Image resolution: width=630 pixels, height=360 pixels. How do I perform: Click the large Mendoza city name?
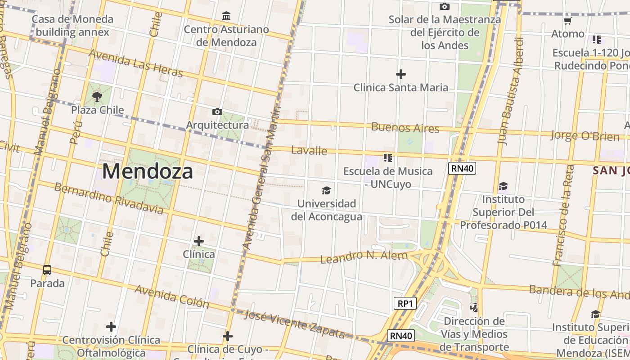tap(148, 171)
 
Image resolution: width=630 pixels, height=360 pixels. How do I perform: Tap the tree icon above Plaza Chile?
tap(97, 96)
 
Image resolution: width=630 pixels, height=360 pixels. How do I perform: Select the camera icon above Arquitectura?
tap(217, 112)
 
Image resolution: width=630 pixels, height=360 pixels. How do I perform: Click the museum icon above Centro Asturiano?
tap(226, 17)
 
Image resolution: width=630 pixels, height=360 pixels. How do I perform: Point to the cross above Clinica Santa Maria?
tap(400, 74)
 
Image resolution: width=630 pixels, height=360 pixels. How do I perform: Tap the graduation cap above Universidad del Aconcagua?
tap(326, 190)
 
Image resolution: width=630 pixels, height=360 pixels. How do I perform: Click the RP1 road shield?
tap(405, 303)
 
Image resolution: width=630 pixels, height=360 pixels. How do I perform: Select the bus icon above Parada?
tap(47, 270)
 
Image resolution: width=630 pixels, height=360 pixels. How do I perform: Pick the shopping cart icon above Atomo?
tap(567, 21)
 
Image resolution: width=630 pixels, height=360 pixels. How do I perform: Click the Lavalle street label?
tap(309, 150)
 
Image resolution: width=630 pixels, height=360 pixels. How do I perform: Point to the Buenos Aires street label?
tap(405, 127)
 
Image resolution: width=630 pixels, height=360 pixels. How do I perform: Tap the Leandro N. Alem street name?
tap(364, 256)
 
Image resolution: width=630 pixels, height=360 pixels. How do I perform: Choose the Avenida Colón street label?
tap(172, 296)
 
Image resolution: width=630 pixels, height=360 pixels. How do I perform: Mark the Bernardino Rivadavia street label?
tap(108, 198)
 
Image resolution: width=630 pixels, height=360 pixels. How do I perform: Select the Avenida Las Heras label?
tap(135, 63)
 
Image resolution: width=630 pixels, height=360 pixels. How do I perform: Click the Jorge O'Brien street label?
tap(585, 135)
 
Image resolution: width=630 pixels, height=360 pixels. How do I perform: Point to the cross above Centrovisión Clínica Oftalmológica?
tap(111, 327)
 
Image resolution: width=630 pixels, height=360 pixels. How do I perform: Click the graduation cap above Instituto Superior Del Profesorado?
tap(503, 186)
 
